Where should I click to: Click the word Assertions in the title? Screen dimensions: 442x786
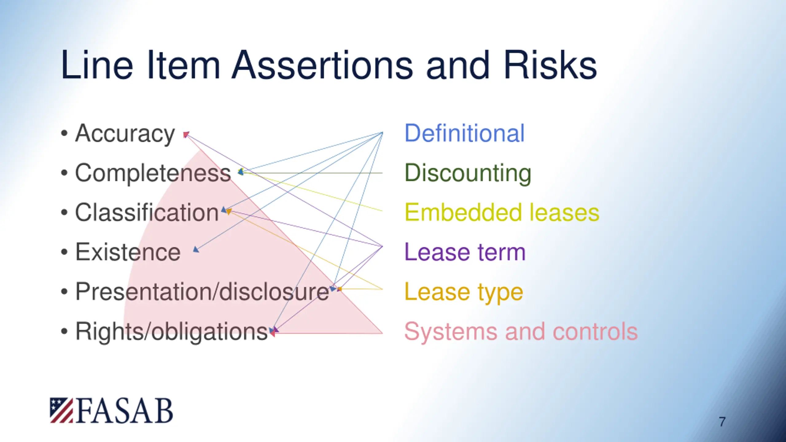[x=322, y=65]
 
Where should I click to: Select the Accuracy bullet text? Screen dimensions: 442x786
[x=125, y=134]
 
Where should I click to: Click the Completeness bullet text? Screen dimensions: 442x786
[x=153, y=173]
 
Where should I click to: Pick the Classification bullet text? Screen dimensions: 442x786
[x=147, y=212]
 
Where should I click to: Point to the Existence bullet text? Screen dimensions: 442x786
[x=128, y=252]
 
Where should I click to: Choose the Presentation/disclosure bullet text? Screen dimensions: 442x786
[x=202, y=291]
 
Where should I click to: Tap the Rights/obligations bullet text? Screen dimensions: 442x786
[x=171, y=331]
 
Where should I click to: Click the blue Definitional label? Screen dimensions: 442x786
[x=464, y=133]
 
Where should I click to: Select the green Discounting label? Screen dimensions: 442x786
[x=468, y=173]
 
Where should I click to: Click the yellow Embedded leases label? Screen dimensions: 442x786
[x=502, y=212]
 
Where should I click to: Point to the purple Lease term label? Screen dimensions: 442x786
[x=465, y=252]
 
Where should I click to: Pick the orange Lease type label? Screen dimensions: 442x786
[x=464, y=292]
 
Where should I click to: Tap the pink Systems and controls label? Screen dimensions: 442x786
[x=521, y=331]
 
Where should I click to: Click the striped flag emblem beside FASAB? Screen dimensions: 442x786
[x=61, y=410]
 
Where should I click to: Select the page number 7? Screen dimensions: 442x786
[x=722, y=422]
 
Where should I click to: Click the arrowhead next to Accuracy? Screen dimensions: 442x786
[x=186, y=134]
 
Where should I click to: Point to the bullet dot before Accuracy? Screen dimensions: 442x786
[x=64, y=134]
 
